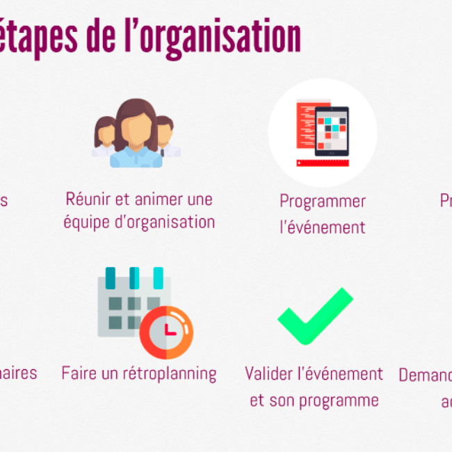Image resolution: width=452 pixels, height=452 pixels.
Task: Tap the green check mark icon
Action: [314, 316]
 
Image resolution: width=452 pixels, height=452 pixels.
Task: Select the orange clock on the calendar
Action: [166, 332]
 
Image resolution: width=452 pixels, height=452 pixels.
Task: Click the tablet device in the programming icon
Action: [331, 131]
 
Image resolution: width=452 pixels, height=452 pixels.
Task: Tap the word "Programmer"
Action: [323, 202]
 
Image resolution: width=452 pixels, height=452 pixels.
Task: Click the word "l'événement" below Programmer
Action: [323, 227]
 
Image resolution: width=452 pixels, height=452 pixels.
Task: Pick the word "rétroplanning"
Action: [169, 374]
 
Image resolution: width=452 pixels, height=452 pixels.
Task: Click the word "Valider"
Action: [272, 374]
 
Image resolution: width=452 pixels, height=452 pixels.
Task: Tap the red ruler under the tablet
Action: [323, 163]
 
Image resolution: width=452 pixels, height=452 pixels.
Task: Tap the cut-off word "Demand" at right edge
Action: [425, 376]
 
